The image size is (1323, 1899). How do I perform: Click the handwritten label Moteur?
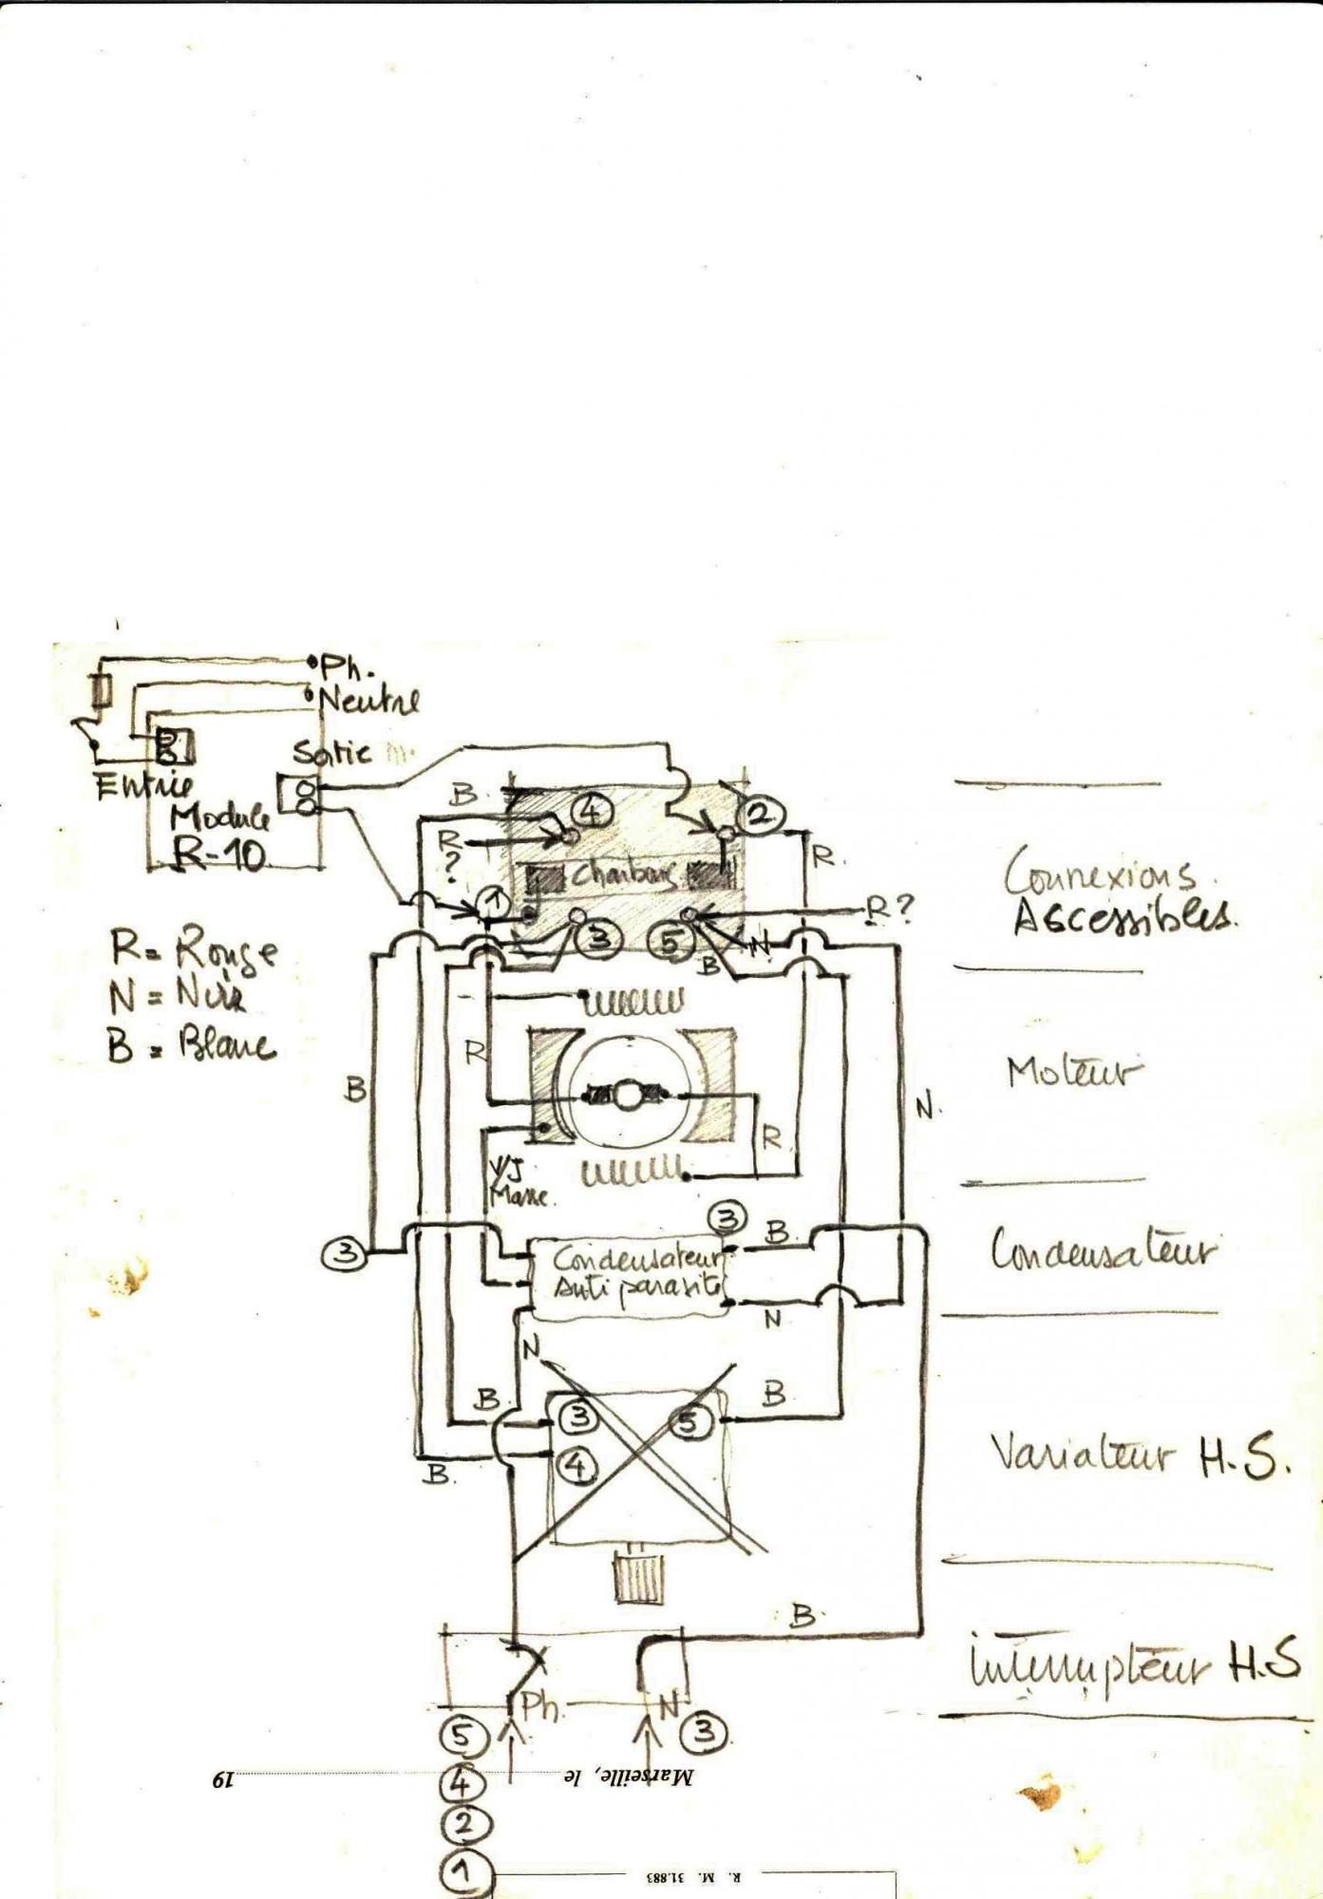pyautogui.click(x=1073, y=1072)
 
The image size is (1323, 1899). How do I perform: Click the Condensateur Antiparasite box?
pyautogui.click(x=630, y=1275)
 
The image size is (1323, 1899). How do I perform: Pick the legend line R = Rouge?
pyautogui.click(x=194, y=949)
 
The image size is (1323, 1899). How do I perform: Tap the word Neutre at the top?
pyautogui.click(x=369, y=701)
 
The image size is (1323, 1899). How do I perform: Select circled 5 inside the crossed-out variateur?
pyautogui.click(x=690, y=1421)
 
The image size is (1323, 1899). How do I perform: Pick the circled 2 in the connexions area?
pyautogui.click(x=760, y=814)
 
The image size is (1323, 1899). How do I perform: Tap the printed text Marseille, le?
pyautogui.click(x=628, y=1776)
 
